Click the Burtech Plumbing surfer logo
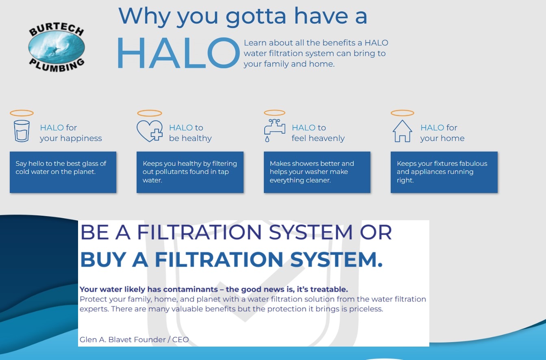[57, 48]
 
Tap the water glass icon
[22, 130]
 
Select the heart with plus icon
[149, 131]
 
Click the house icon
[402, 131]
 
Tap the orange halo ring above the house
[402, 113]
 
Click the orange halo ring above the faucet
[274, 113]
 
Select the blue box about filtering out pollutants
[190, 172]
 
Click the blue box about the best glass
[63, 172]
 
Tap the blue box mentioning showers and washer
[317, 172]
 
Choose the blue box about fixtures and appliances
[444, 172]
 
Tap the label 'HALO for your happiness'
[70, 133]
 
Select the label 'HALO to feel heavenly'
[318, 133]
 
